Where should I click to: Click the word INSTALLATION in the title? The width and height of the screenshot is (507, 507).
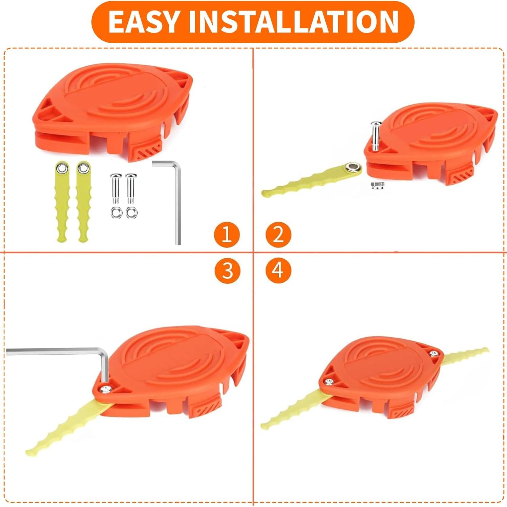pyautogui.click(x=293, y=22)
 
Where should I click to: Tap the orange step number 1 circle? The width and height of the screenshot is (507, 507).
pyautogui.click(x=227, y=234)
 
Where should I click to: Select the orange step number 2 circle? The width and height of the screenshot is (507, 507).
pyautogui.click(x=278, y=234)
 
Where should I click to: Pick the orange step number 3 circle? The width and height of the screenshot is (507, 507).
pyautogui.click(x=228, y=271)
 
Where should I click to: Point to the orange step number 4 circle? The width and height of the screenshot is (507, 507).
pyautogui.click(x=278, y=271)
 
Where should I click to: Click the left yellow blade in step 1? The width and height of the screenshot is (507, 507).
pyautogui.click(x=62, y=203)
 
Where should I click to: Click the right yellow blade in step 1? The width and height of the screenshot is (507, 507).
pyautogui.click(x=82, y=203)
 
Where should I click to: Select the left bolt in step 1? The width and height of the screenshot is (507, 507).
pyautogui.click(x=116, y=188)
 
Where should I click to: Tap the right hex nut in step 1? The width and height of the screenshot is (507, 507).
pyautogui.click(x=131, y=213)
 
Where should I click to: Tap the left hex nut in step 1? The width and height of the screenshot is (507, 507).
pyautogui.click(x=116, y=213)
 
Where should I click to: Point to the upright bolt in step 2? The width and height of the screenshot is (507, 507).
pyautogui.click(x=375, y=135)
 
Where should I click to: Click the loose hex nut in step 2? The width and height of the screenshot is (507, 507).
pyautogui.click(x=377, y=185)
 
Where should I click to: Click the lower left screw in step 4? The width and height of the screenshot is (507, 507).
pyautogui.click(x=328, y=382)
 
